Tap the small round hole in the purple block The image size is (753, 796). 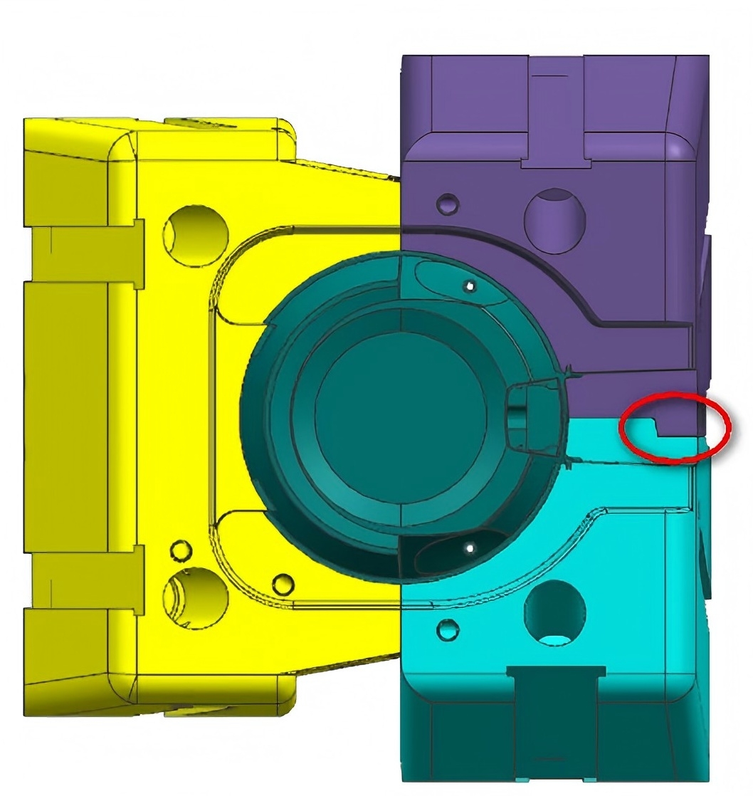pyautogui.click(x=448, y=204)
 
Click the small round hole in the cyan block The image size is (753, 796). pyautogui.click(x=448, y=629)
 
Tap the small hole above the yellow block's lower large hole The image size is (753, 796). pyautogui.click(x=181, y=550)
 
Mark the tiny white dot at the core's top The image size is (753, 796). pyautogui.click(x=469, y=286)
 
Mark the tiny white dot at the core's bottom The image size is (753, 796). pyautogui.click(x=469, y=548)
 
